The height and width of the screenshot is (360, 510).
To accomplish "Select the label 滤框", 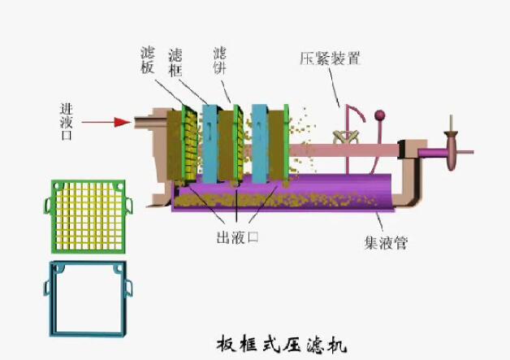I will (175, 60).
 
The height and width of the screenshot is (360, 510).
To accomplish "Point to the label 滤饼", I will (219, 60).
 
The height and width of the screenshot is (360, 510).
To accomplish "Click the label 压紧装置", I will (330, 59).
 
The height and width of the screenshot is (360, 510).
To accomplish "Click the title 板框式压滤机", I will (281, 343).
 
